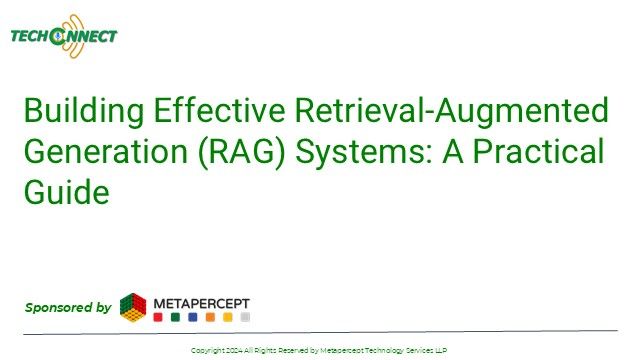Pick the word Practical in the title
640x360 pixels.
coord(547,152)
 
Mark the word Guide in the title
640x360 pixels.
coord(66,193)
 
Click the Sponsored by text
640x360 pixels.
coord(67,307)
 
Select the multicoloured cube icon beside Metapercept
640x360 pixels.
coord(133,307)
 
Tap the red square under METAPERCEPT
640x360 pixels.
coord(157,317)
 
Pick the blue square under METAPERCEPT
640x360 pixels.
coord(192,317)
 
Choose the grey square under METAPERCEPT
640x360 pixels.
coord(245,317)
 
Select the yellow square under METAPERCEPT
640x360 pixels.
coord(227,317)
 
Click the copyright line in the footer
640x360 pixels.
coord(319,350)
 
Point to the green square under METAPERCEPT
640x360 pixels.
coord(175,317)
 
